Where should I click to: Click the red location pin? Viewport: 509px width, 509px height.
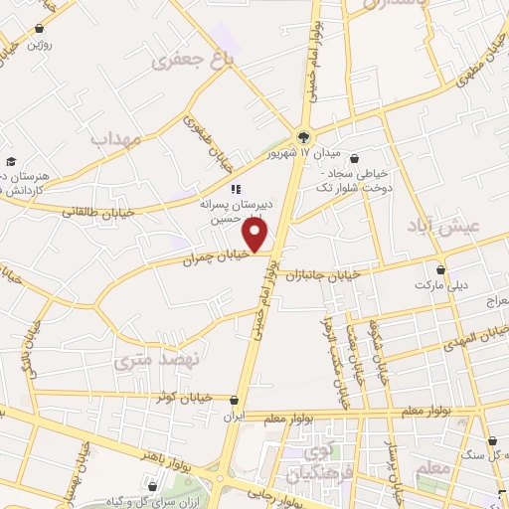point(256,235)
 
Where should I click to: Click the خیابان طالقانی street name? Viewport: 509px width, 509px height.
point(90,212)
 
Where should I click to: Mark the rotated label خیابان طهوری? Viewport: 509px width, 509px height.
point(203,138)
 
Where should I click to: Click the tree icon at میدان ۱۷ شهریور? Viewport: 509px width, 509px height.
point(304,137)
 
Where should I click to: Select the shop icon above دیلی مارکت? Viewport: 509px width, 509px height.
point(439,268)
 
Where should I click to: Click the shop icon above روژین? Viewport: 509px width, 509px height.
point(39,29)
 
